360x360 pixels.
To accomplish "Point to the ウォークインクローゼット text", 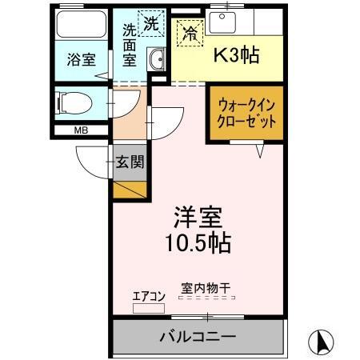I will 246,114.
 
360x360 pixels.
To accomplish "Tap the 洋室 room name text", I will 198,217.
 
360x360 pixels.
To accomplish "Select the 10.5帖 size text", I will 198,242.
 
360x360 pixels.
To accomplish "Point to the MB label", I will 81,130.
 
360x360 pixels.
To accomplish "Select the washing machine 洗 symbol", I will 150,23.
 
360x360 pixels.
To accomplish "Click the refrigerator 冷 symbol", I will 190,34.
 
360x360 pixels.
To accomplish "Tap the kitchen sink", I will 222,20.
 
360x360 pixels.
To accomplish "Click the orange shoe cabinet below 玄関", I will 130,190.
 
